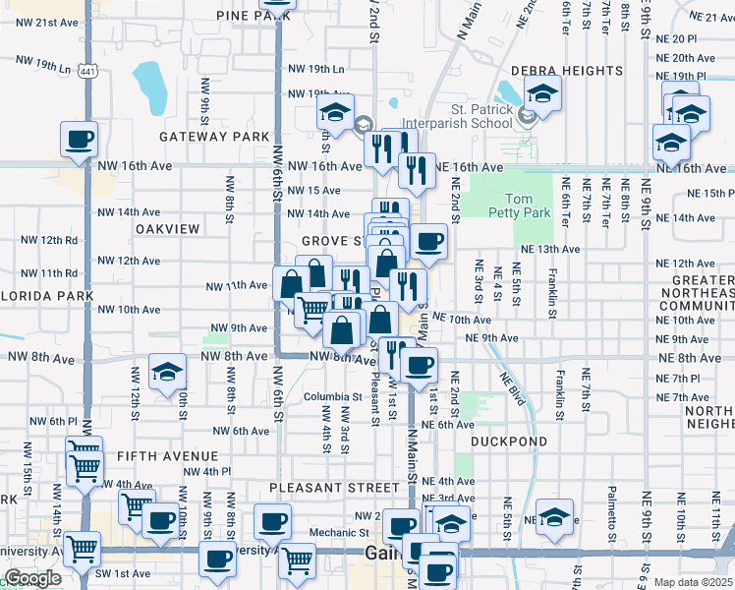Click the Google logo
coord(32,578)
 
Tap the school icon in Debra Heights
coord(540,94)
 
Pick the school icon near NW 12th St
coord(167,373)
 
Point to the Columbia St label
coord(326,397)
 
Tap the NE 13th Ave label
coord(550,250)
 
